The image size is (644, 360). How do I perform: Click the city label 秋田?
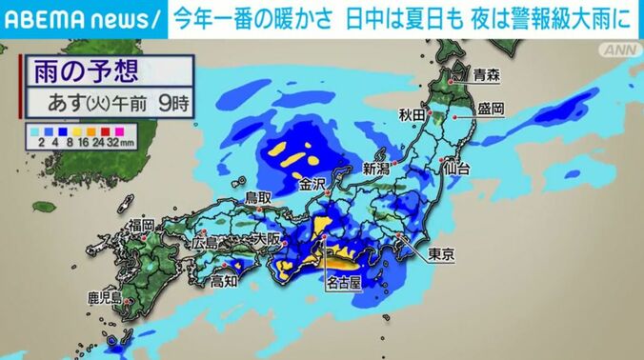tap(413, 116)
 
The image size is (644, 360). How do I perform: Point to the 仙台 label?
tap(456, 168)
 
